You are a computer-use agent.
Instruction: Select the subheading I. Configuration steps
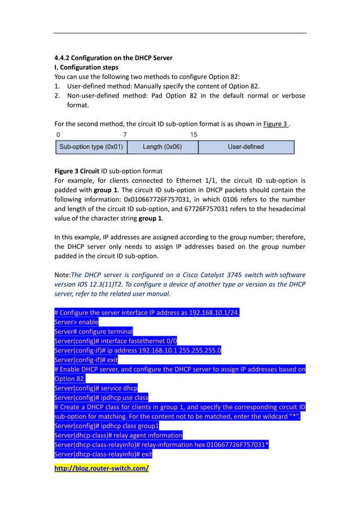86,67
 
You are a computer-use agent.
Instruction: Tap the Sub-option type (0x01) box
91,147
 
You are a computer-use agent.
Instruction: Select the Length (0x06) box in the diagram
162,147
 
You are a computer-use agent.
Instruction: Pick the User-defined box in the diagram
246,147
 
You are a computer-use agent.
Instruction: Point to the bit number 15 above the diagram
194,135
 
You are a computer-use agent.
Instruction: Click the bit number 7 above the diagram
125,135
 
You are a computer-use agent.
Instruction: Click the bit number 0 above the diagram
58,135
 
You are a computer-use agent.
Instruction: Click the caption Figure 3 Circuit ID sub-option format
108,171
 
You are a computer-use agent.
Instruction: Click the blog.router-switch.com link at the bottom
101,468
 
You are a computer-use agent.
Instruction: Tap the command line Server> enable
76,322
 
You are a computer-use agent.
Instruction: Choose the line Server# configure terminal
93,332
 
